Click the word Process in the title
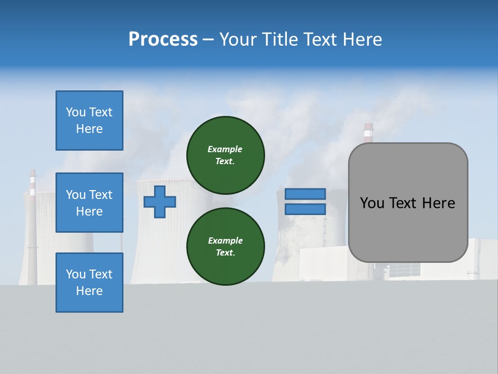point(163,39)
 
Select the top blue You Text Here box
point(89,121)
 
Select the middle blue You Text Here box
point(89,203)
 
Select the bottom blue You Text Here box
point(89,283)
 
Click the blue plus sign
point(160,202)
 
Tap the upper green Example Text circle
point(225,155)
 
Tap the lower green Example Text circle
point(225,247)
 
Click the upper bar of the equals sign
point(305,194)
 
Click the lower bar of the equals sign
point(305,209)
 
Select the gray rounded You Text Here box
point(408,203)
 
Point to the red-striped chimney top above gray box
point(368,132)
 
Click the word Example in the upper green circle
point(225,149)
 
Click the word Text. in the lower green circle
point(225,252)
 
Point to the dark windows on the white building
point(404,270)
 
